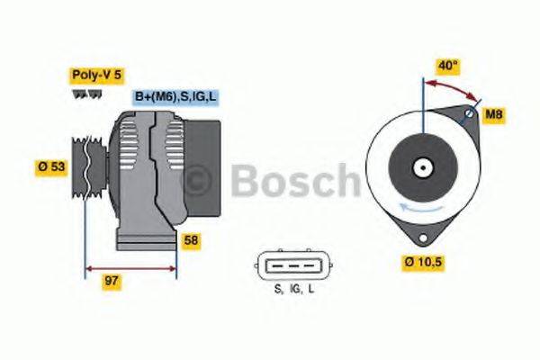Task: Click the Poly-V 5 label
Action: point(97,76)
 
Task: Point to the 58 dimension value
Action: point(191,240)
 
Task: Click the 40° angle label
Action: point(448,66)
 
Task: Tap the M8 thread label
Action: point(493,114)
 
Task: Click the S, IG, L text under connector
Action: point(294,289)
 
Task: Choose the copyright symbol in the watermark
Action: point(200,179)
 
